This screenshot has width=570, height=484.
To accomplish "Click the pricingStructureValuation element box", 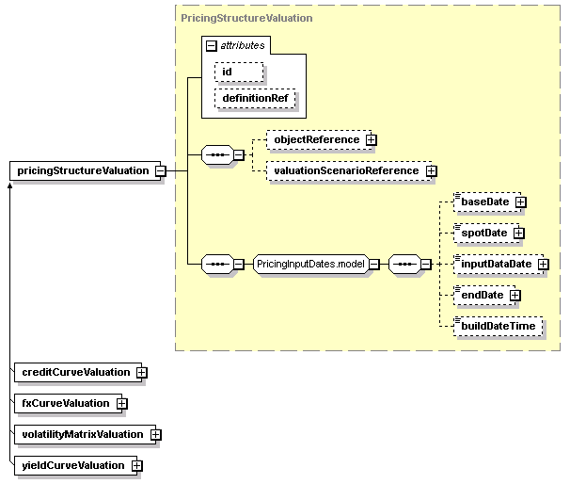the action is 85,170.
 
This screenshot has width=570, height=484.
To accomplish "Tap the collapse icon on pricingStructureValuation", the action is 161,170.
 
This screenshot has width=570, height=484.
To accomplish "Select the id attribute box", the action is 239,72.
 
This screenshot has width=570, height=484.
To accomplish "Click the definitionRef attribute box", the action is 255,98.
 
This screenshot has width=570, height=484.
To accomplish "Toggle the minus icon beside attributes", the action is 212,46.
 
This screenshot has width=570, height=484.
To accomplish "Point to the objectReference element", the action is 319,139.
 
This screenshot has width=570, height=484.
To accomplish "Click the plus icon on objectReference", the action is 372,139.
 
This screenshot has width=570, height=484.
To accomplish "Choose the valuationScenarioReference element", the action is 349,170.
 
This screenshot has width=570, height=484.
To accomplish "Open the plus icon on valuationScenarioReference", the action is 432,170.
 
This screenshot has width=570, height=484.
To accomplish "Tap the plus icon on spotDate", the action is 519,233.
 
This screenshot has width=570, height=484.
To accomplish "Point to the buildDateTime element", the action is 498,326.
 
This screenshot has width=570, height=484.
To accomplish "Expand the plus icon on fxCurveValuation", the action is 121,404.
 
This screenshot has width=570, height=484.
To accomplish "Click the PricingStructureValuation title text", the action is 246,18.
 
